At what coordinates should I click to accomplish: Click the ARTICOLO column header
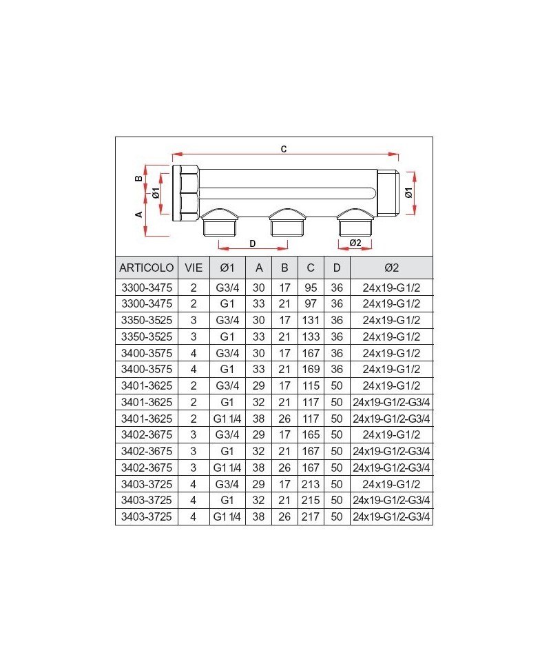click(x=146, y=268)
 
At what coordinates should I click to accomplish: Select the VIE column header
click(x=194, y=268)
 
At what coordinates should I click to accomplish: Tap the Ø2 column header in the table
click(x=391, y=268)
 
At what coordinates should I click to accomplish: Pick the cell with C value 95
click(x=311, y=288)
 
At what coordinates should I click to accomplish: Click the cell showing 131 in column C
click(x=311, y=320)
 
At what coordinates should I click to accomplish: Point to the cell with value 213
click(x=311, y=484)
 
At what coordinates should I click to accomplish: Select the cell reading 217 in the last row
click(x=311, y=516)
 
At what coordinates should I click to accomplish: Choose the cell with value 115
click(x=311, y=385)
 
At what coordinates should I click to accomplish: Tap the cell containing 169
click(x=311, y=369)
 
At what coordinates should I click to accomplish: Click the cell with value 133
click(x=311, y=337)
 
